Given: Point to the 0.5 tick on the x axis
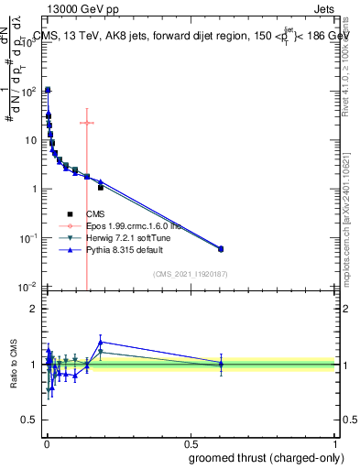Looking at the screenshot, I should coord(191,442).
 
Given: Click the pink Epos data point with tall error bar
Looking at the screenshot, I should coord(87,123).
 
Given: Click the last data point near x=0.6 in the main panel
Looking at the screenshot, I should coord(221,248).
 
